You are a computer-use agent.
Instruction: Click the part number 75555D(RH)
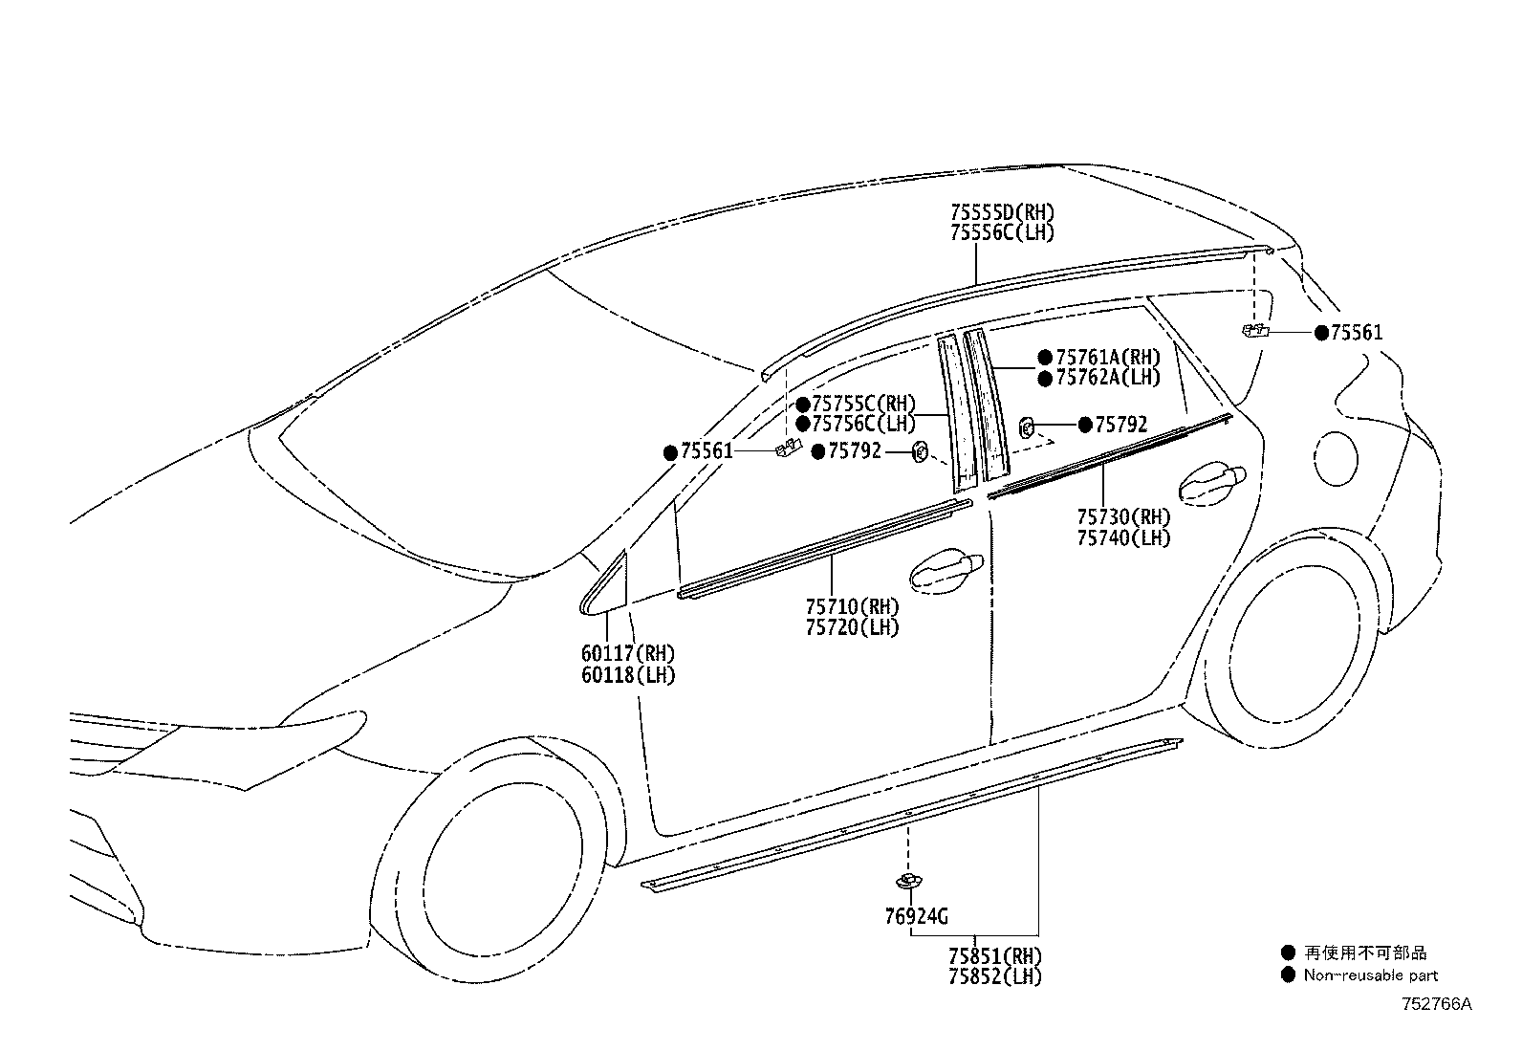click(x=1002, y=212)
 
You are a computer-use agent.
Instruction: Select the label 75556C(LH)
click(x=1002, y=232)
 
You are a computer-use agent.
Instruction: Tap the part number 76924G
click(x=916, y=916)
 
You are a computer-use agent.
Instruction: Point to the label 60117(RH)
click(x=628, y=654)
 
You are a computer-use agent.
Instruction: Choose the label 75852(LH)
click(x=994, y=976)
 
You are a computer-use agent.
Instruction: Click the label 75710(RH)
click(x=852, y=606)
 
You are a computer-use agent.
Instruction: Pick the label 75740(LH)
click(x=1124, y=537)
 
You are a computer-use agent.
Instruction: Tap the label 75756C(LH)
click(x=863, y=424)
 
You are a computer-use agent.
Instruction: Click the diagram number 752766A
click(x=1436, y=1004)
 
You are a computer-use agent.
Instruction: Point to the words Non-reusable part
click(x=1371, y=975)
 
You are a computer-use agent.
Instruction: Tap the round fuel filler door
click(x=1336, y=459)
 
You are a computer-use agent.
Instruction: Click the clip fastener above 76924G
click(x=908, y=881)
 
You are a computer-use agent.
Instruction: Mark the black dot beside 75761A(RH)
click(x=1045, y=358)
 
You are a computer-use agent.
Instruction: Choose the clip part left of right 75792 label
click(x=1027, y=428)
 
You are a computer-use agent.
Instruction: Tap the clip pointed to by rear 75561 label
click(x=1255, y=331)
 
